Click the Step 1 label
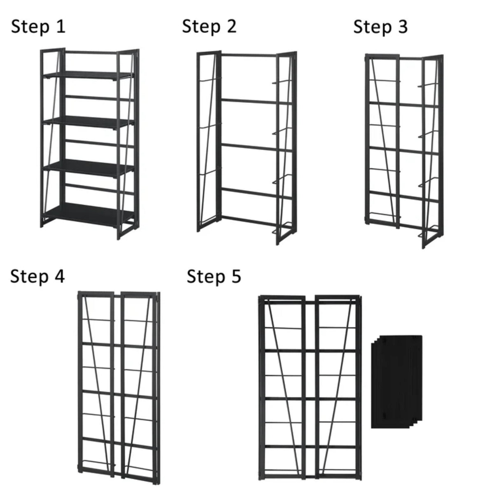(38, 27)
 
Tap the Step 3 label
(380, 27)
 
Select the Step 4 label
(37, 276)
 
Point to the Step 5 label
(214, 276)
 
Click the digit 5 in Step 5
(235, 276)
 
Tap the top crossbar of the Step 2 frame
(249, 55)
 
